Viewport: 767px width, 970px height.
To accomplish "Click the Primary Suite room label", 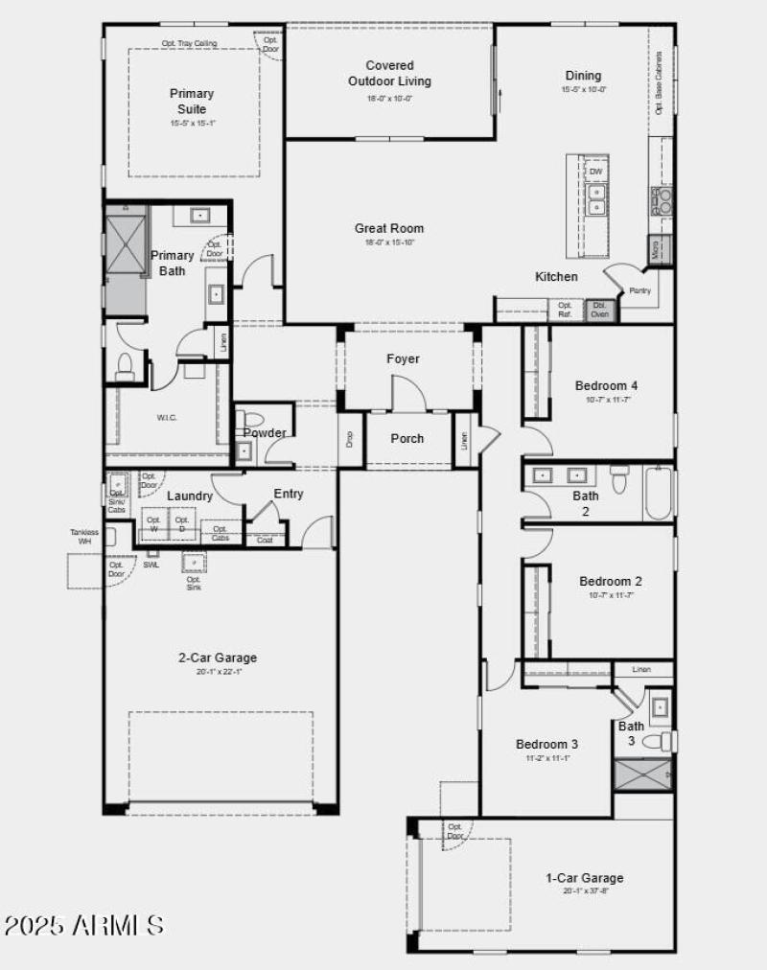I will [x=192, y=101].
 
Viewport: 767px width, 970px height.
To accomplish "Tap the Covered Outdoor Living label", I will [x=389, y=74].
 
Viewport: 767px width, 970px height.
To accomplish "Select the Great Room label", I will [x=389, y=228].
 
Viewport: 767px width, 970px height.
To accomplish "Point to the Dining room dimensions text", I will [x=583, y=89].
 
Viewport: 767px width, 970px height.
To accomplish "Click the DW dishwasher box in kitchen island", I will [x=595, y=172].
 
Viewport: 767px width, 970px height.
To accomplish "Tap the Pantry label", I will [x=640, y=289].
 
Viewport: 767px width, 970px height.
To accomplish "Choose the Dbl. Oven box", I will [x=601, y=310].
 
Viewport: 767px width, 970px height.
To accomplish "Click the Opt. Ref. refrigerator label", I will [x=565, y=310].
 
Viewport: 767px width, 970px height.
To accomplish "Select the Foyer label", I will [x=403, y=358].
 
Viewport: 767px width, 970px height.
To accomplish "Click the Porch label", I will [x=407, y=438].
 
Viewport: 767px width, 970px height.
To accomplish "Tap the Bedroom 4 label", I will [x=606, y=385].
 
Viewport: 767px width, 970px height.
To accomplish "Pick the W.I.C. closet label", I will [x=167, y=418].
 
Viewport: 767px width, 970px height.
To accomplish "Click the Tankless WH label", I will [x=83, y=536].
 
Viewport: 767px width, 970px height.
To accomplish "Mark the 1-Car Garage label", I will [x=584, y=877].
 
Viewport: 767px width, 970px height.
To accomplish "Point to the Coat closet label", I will [x=265, y=540].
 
